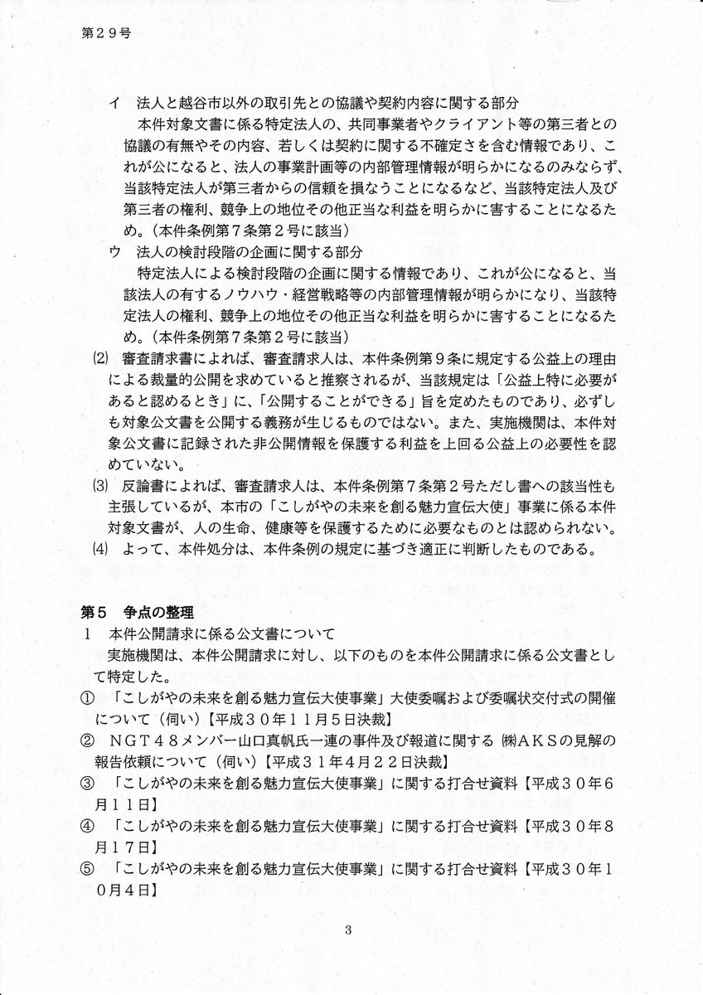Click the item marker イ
[114, 103]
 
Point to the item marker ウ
[114, 252]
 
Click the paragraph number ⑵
[95, 360]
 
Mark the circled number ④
[86, 828]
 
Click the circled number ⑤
[86, 871]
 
